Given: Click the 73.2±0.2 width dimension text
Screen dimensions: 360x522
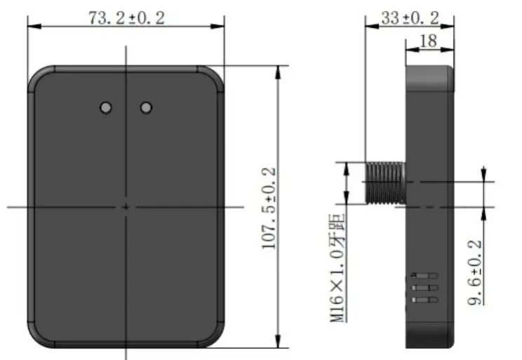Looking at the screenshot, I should tap(126, 19).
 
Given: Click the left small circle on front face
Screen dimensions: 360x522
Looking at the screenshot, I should tap(106, 107).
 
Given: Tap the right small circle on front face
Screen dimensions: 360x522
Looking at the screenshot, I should tap(146, 107).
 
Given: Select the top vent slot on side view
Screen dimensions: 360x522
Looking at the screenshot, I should tap(425, 275).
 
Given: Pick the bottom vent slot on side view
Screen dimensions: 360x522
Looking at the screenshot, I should tap(425, 300).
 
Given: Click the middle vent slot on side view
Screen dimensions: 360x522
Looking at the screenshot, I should tap(425, 288).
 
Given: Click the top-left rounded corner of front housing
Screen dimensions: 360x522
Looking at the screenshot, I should tap(36, 76).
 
